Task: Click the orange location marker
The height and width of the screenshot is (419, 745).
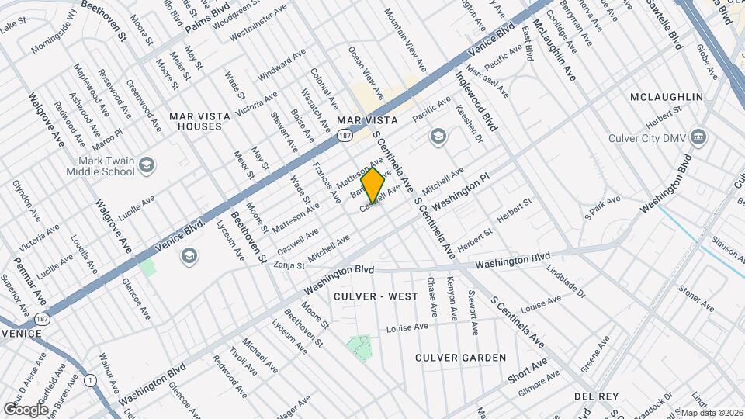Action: tap(373, 185)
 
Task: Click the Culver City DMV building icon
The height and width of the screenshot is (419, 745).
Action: tap(700, 138)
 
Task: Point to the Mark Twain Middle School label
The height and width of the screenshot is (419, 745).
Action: tap(98, 165)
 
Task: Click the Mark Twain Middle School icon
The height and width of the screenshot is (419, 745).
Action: tap(147, 164)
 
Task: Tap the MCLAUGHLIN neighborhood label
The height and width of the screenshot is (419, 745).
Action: tap(667, 97)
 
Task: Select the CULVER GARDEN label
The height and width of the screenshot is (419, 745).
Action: tap(460, 358)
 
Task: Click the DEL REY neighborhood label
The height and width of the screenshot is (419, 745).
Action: tap(594, 396)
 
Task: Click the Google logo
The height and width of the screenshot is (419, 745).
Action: tap(26, 409)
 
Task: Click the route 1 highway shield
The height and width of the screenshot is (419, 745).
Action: tap(92, 379)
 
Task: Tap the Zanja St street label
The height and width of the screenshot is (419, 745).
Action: tap(289, 265)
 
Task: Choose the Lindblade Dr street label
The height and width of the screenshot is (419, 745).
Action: tap(565, 283)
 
